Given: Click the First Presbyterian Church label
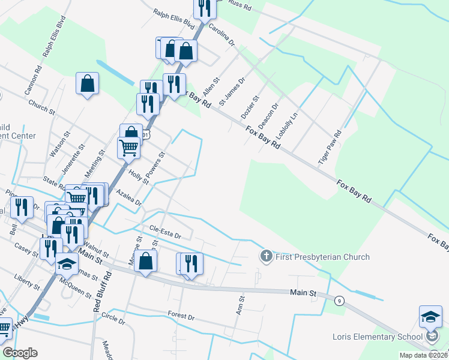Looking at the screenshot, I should coord(323,257).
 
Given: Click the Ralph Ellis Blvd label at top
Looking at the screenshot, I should coord(175,19).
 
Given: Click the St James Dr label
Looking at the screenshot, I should coord(232,91).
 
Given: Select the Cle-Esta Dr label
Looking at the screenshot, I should coord(165,232).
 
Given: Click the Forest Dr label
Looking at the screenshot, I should coord(182,316).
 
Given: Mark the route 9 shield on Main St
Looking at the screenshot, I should coord(340,300).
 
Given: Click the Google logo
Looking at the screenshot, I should coord(20,353).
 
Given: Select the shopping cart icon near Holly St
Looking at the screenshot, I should coord(129,147).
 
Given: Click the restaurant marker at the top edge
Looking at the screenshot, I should coord(205,8).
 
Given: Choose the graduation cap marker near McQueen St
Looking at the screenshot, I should coord(67,264).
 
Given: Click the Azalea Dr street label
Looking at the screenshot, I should coord(129,198).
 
